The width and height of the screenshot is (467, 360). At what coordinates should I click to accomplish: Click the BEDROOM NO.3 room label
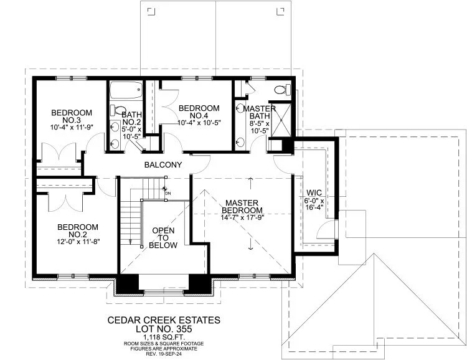point(71,116)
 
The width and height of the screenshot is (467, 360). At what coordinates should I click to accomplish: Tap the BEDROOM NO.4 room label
point(199,111)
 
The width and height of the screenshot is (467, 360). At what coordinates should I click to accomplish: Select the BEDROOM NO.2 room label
point(77,230)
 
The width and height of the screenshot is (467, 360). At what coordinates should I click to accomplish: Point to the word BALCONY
point(163,165)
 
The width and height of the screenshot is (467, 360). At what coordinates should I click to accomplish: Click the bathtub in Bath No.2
point(126,94)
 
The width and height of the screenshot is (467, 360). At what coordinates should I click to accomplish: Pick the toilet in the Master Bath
point(281,90)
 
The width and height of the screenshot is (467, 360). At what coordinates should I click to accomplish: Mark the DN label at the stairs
point(167,193)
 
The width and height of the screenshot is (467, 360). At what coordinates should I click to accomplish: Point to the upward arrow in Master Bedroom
point(250,182)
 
